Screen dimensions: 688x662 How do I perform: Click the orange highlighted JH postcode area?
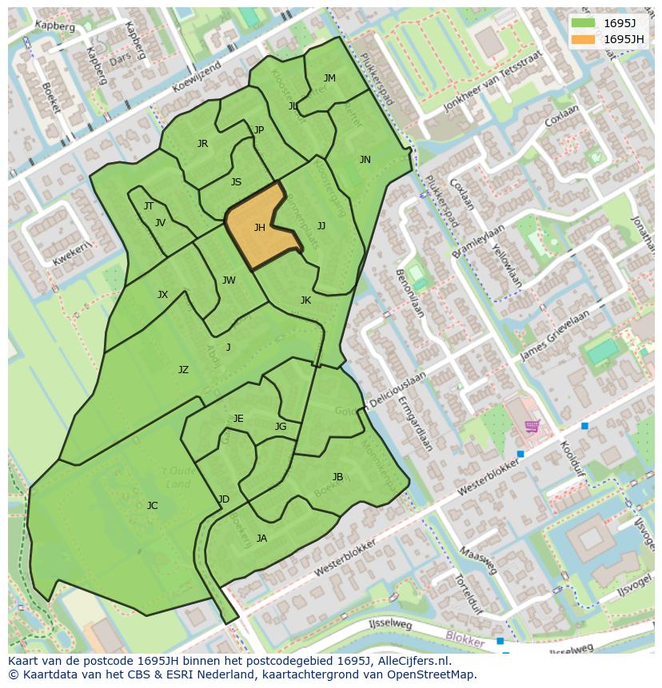(260, 229)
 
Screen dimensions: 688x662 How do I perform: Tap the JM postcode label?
(329, 78)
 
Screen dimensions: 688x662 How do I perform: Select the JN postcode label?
(365, 160)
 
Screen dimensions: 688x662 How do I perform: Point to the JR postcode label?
(202, 144)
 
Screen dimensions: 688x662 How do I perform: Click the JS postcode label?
(236, 182)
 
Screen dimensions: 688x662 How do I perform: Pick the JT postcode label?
(149, 206)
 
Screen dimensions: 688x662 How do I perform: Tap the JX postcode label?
(162, 295)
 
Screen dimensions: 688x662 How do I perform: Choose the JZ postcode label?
(183, 370)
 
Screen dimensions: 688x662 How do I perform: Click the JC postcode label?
(152, 505)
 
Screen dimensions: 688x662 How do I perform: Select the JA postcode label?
(261, 539)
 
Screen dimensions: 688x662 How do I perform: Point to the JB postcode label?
(337, 477)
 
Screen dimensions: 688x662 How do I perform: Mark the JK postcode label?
(305, 300)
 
